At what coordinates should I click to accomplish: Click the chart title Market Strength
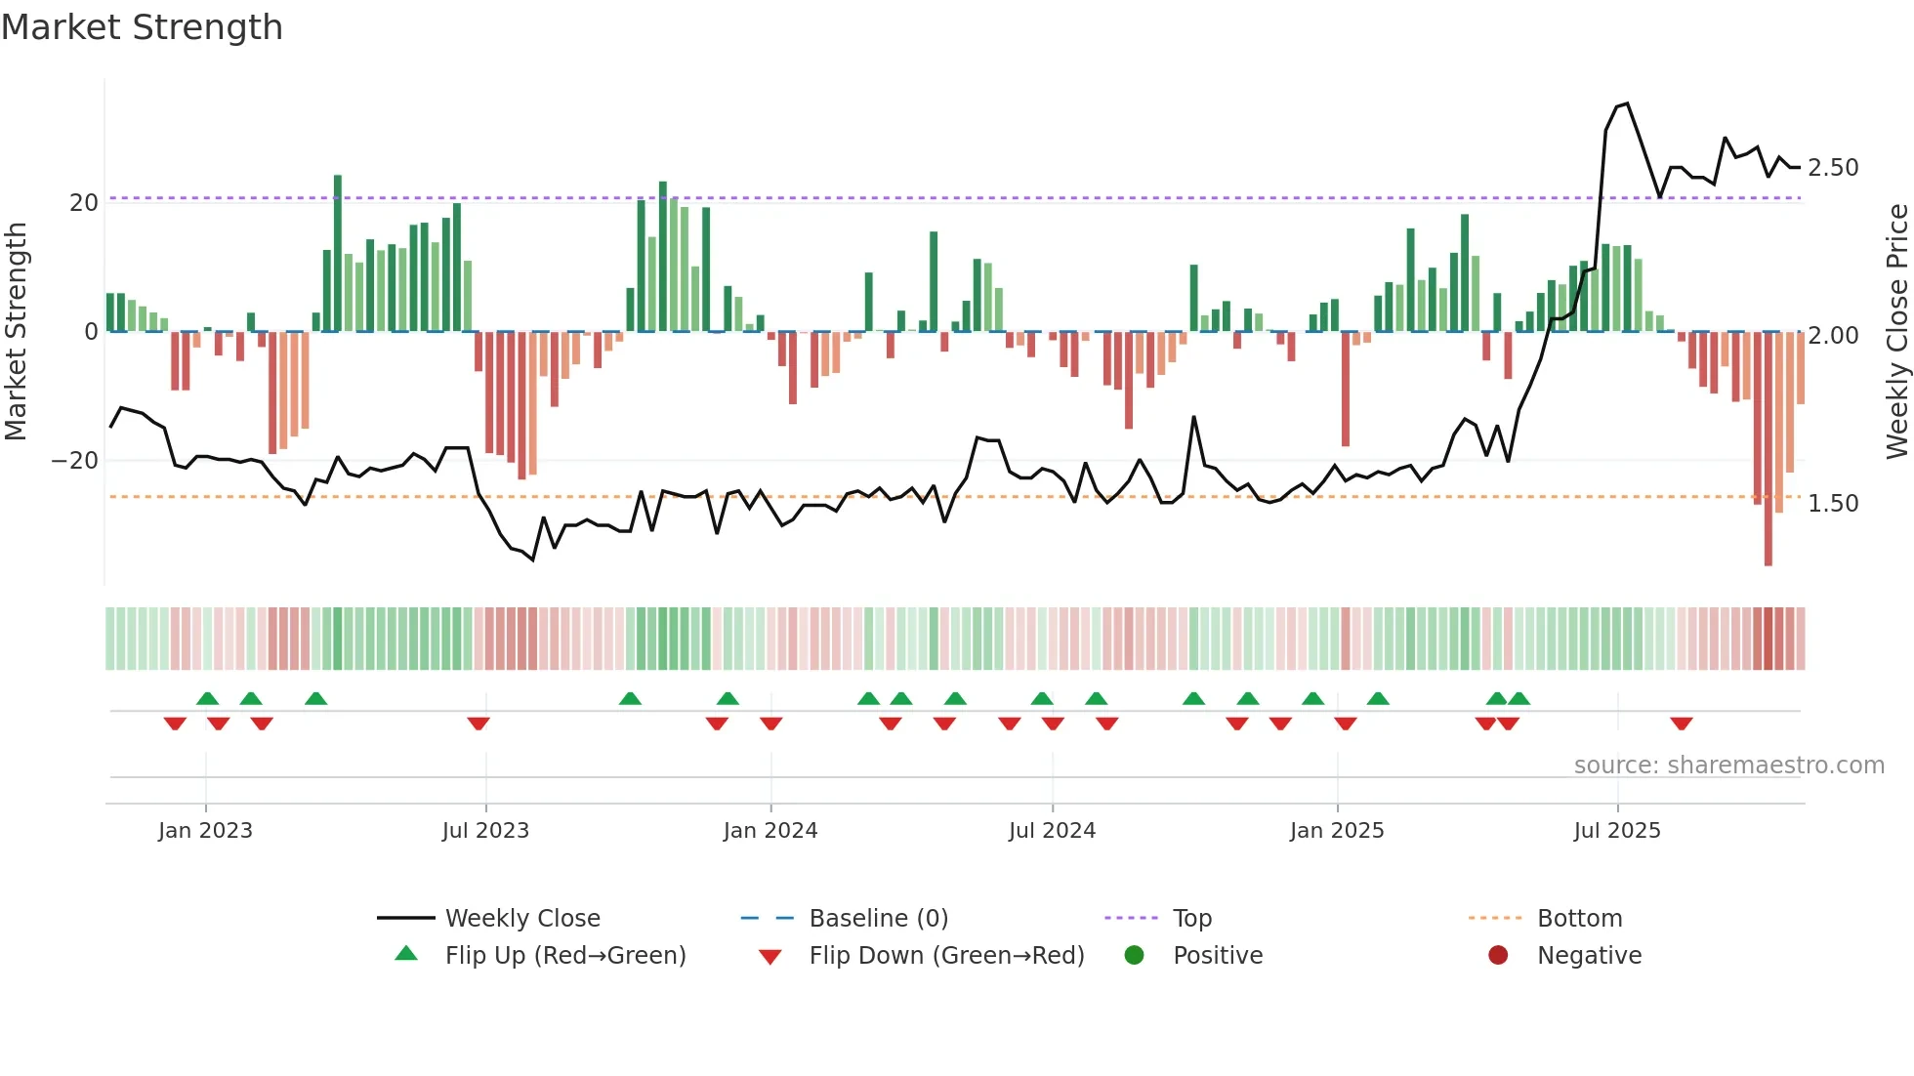[142, 27]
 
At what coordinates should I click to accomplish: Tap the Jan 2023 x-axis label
[205, 831]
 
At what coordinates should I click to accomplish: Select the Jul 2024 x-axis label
[1052, 831]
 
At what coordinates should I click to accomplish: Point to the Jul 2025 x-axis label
[1617, 831]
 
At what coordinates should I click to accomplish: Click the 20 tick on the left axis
[84, 203]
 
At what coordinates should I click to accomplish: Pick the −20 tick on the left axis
[75, 461]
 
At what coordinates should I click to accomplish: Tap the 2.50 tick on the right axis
[1833, 168]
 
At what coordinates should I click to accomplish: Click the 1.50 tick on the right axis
[1833, 504]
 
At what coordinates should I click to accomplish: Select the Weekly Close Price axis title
[1896, 332]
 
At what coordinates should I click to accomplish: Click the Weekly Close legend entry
[522, 919]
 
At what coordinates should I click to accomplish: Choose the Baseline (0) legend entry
[878, 919]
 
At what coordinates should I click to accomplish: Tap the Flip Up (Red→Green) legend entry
[565, 956]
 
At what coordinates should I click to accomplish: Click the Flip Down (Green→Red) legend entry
[946, 956]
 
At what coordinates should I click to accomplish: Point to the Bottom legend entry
[1579, 919]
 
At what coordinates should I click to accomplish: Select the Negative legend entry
[1589, 956]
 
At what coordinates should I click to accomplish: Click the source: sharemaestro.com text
[1728, 766]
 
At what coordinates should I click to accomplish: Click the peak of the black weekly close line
[1627, 103]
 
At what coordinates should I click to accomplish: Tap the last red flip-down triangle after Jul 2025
[1681, 724]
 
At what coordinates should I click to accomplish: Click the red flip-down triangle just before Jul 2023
[478, 724]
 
